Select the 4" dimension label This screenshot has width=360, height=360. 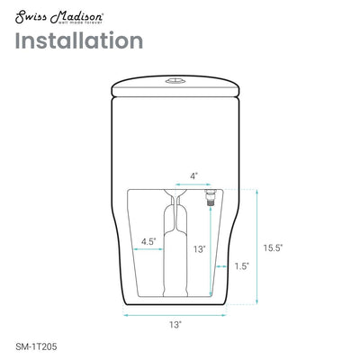(193, 175)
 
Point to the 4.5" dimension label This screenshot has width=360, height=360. (149, 240)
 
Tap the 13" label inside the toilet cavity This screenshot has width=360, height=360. (199, 247)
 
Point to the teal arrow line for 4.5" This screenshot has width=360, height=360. (149, 251)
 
